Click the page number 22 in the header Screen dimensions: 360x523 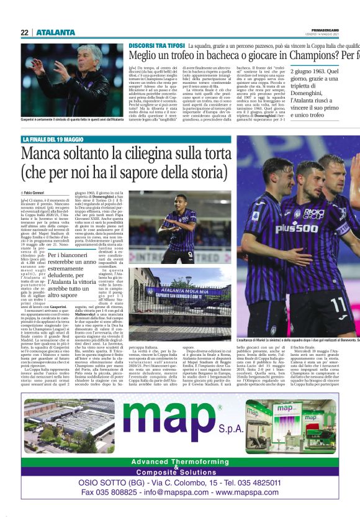[24, 33]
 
